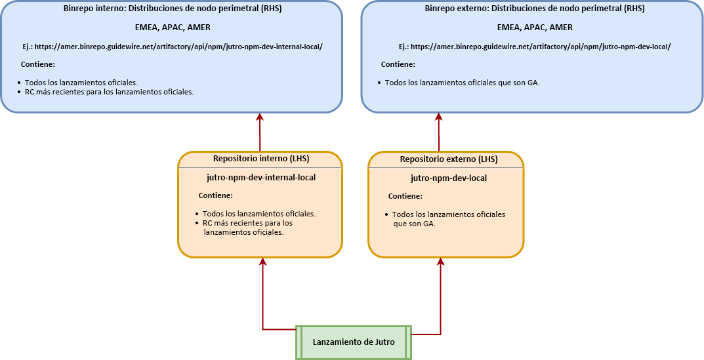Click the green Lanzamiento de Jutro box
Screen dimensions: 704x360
pos(354,342)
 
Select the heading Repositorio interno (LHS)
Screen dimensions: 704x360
pos(261,158)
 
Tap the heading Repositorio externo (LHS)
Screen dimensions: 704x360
pos(449,159)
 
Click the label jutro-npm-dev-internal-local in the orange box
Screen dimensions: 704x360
pos(261,177)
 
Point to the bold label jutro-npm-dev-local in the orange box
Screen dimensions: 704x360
pos(449,178)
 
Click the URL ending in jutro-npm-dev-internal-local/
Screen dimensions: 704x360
pos(178,47)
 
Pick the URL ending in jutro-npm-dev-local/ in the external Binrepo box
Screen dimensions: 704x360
pos(541,47)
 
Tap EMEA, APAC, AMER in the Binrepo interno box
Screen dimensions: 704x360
pos(173,28)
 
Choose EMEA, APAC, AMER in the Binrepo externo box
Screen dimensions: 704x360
pos(535,28)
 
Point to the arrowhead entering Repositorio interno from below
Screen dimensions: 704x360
pos(262,262)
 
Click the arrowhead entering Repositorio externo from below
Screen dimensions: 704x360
pos(441,262)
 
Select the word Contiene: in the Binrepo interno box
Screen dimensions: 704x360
pos(37,65)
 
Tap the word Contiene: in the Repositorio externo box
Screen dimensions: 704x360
pos(405,196)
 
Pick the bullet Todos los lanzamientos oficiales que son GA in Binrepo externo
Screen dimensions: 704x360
pos(459,83)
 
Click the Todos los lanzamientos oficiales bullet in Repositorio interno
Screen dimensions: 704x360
pos(256,214)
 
